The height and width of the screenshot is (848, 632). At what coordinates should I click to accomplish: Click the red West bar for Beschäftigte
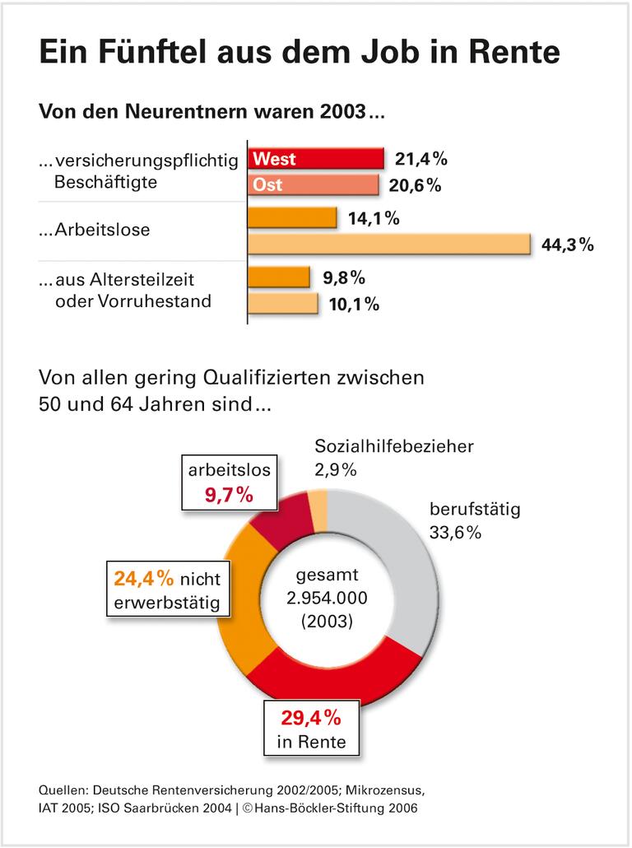(x=316, y=158)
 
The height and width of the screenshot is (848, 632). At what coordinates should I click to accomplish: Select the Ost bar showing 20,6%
(x=314, y=184)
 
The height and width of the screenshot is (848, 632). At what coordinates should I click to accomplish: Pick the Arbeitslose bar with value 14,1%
(x=293, y=218)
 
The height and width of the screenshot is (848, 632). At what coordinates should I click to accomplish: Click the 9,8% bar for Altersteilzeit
(x=279, y=277)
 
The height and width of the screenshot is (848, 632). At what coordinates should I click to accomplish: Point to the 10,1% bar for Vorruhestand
(x=283, y=304)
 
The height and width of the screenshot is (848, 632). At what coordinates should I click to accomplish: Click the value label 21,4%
(x=420, y=158)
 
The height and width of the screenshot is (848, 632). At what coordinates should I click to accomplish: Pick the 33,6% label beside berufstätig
(x=455, y=533)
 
